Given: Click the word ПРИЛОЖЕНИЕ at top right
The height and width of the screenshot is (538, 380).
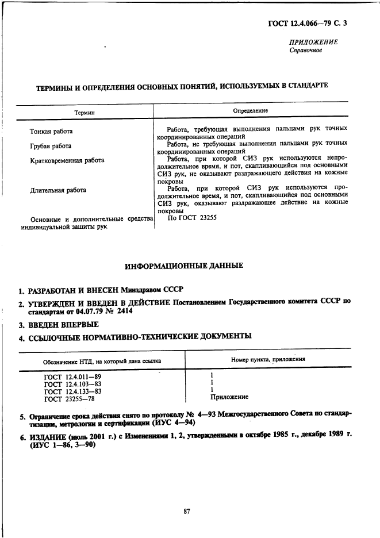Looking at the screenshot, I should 313,42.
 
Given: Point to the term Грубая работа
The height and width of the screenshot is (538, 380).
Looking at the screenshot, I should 51,146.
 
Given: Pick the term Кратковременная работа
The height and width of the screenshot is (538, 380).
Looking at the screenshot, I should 67,160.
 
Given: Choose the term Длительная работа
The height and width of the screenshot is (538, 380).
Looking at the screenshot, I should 58,190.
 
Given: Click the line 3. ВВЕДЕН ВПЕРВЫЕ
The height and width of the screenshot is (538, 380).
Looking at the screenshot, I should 57,325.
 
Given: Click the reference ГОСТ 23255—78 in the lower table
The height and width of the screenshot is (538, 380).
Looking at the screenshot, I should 70,398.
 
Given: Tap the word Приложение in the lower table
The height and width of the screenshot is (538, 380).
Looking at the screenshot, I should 229,397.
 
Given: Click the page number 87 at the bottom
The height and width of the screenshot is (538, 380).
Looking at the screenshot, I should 186,512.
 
